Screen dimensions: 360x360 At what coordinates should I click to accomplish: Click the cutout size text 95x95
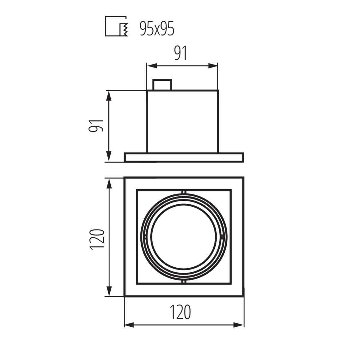(x=157, y=29)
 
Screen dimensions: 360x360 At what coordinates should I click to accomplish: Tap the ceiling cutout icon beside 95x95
(x=117, y=26)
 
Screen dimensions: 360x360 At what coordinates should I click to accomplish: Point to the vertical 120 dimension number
(x=97, y=239)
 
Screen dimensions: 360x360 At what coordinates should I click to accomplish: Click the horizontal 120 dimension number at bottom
(x=181, y=312)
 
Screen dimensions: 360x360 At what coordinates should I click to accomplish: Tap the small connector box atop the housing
(x=162, y=85)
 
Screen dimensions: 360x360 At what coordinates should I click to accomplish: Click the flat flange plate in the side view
(x=184, y=157)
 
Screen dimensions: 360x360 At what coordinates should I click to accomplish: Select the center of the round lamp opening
(x=184, y=237)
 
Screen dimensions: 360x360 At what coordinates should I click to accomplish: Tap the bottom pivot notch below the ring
(x=184, y=282)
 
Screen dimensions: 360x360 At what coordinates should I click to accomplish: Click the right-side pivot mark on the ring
(x=222, y=237)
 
